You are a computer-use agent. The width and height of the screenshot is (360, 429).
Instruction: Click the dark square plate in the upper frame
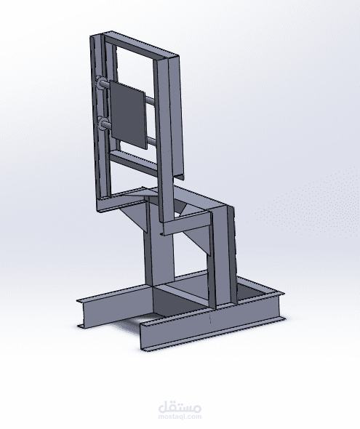click(127, 115)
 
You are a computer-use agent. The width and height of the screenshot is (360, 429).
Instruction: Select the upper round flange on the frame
click(100, 82)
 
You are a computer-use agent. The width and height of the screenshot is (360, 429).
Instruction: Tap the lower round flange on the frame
click(102, 124)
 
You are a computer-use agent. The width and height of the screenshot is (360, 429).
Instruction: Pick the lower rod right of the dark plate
click(152, 142)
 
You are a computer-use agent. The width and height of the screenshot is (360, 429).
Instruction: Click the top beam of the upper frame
click(141, 47)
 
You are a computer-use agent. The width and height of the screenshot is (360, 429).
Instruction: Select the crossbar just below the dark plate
click(134, 162)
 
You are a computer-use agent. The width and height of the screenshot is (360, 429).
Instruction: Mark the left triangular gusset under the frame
click(135, 216)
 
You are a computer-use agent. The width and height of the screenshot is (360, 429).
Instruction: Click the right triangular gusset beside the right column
click(196, 240)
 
